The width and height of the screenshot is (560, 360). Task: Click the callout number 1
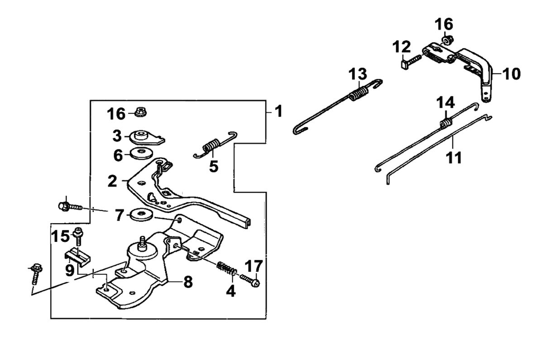tap(278, 111)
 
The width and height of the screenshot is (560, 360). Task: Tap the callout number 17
tap(254, 266)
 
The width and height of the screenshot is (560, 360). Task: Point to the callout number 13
tap(358, 74)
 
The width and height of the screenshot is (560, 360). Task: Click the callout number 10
tap(512, 73)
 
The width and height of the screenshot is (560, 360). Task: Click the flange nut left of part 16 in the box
tap(140, 111)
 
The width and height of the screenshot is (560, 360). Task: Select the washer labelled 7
tap(139, 214)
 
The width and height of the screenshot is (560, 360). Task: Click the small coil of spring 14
tap(445, 123)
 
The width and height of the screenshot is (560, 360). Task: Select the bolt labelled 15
tap(78, 236)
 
